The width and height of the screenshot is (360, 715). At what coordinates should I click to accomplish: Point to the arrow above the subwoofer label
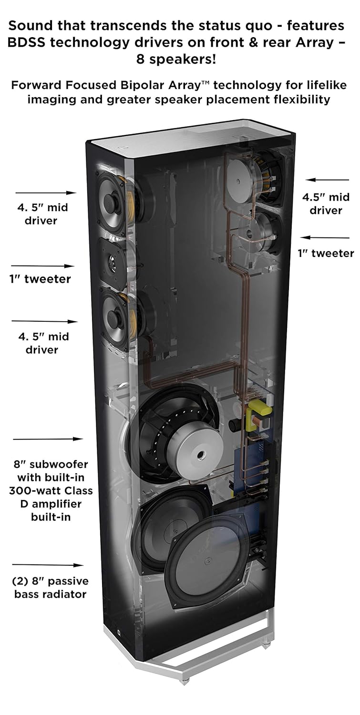tap(48, 439)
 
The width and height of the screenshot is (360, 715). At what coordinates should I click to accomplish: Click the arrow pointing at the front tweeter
tap(43, 266)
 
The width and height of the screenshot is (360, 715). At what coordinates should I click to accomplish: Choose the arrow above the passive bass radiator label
tap(48, 565)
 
